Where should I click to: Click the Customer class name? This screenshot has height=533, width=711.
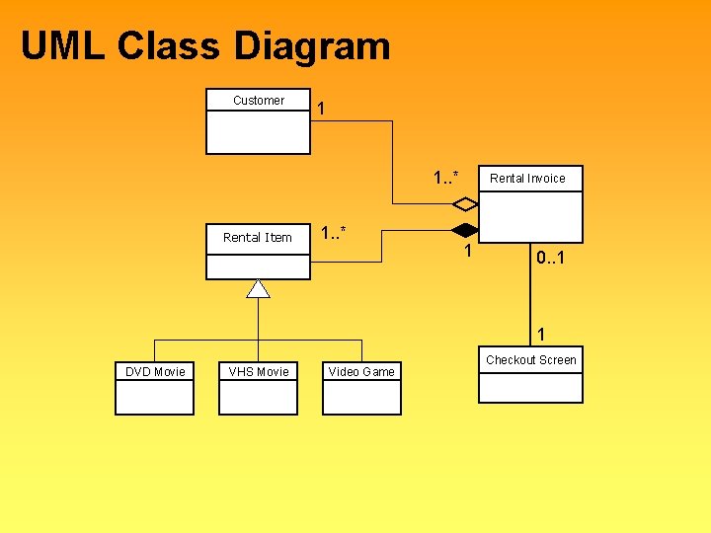pyautogui.click(x=259, y=101)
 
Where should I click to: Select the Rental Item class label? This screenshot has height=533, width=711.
pyautogui.click(x=258, y=238)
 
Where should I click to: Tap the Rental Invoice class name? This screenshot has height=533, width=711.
pyautogui.click(x=528, y=179)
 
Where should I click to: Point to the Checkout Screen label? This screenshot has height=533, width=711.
pyautogui.click(x=531, y=360)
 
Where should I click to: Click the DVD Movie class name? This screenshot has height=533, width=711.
pyautogui.click(x=155, y=372)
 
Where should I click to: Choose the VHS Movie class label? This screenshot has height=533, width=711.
pyautogui.click(x=259, y=372)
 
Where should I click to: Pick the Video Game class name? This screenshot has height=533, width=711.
pyautogui.click(x=361, y=372)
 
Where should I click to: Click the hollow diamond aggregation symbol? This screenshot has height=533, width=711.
pyautogui.click(x=465, y=204)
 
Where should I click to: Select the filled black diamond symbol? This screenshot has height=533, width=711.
pyautogui.click(x=465, y=231)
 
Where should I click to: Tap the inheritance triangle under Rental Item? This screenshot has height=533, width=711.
pyautogui.click(x=258, y=288)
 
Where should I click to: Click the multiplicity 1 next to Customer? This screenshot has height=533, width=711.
pyautogui.click(x=323, y=110)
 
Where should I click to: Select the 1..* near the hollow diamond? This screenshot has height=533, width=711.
pyautogui.click(x=445, y=178)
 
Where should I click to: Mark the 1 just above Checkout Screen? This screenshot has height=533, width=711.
pyautogui.click(x=540, y=334)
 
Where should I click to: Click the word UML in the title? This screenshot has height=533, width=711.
pyautogui.click(x=61, y=46)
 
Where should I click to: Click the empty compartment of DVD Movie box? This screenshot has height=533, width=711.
pyautogui.click(x=155, y=397)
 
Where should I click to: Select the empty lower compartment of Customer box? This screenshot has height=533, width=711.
pyautogui.click(x=258, y=132)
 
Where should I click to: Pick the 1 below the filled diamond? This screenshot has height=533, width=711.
pyautogui.click(x=469, y=253)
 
